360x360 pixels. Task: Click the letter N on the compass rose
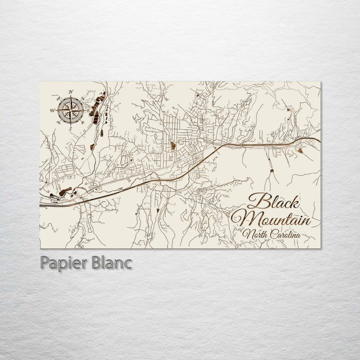(x=71, y=91)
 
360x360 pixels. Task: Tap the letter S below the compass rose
(x=70, y=129)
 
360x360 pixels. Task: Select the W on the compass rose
(x=51, y=110)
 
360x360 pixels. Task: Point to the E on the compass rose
(x=88, y=110)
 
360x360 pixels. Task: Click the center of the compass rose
(x=70, y=110)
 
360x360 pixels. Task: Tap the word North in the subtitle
(x=254, y=233)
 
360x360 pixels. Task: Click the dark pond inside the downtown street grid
(x=173, y=146)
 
